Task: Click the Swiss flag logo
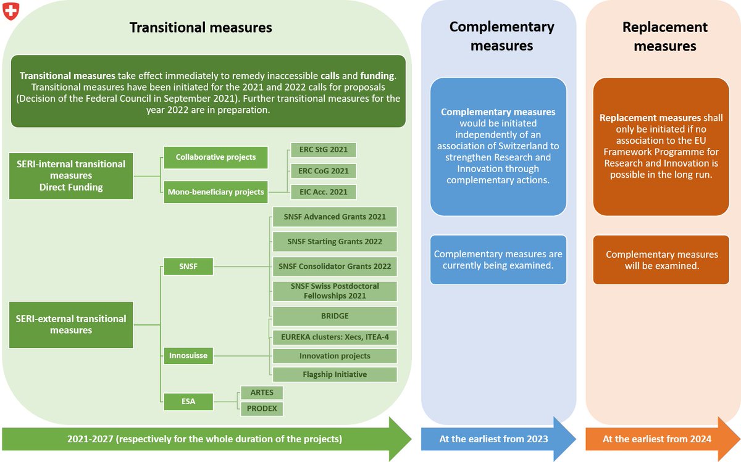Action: pyautogui.click(x=11, y=11)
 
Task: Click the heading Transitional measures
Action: pyautogui.click(x=200, y=28)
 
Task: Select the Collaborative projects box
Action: pyautogui.click(x=216, y=157)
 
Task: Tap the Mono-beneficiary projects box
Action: pyautogui.click(x=216, y=192)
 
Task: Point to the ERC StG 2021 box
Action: pyautogui.click(x=323, y=150)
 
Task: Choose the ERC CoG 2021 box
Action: pyautogui.click(x=323, y=171)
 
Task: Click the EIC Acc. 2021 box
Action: pyautogui.click(x=323, y=192)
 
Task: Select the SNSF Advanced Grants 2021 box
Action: pyautogui.click(x=334, y=217)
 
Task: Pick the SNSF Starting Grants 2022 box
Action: pyautogui.click(x=334, y=242)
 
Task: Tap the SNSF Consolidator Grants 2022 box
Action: pyautogui.click(x=334, y=266)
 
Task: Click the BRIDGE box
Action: pyautogui.click(x=334, y=316)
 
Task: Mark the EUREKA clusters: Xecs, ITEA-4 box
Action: pyautogui.click(x=334, y=337)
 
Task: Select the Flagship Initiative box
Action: pyautogui.click(x=334, y=374)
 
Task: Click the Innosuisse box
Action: pyautogui.click(x=188, y=355)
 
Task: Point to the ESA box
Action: pyautogui.click(x=188, y=402)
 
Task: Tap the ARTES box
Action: pyautogui.click(x=262, y=393)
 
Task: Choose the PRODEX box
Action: pyautogui.click(x=262, y=408)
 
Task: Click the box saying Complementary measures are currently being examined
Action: pyautogui.click(x=498, y=260)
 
